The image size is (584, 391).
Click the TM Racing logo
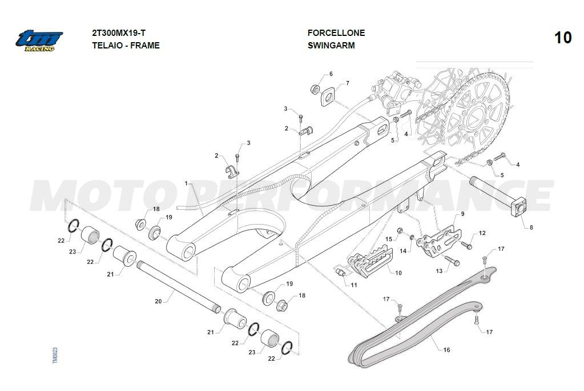(39, 39)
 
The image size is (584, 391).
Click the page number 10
(562, 38)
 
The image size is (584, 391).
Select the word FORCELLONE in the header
(336, 33)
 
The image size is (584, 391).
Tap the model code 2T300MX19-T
(122, 33)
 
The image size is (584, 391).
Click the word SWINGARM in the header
(331, 46)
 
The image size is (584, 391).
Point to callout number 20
(158, 300)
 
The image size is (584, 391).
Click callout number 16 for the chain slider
(446, 350)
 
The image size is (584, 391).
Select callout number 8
(531, 227)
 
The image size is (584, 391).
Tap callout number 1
(186, 183)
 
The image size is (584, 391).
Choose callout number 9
(462, 214)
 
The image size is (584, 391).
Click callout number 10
(398, 273)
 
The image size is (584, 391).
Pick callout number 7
(347, 84)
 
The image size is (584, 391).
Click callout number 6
(330, 74)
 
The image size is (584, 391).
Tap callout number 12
(482, 233)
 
